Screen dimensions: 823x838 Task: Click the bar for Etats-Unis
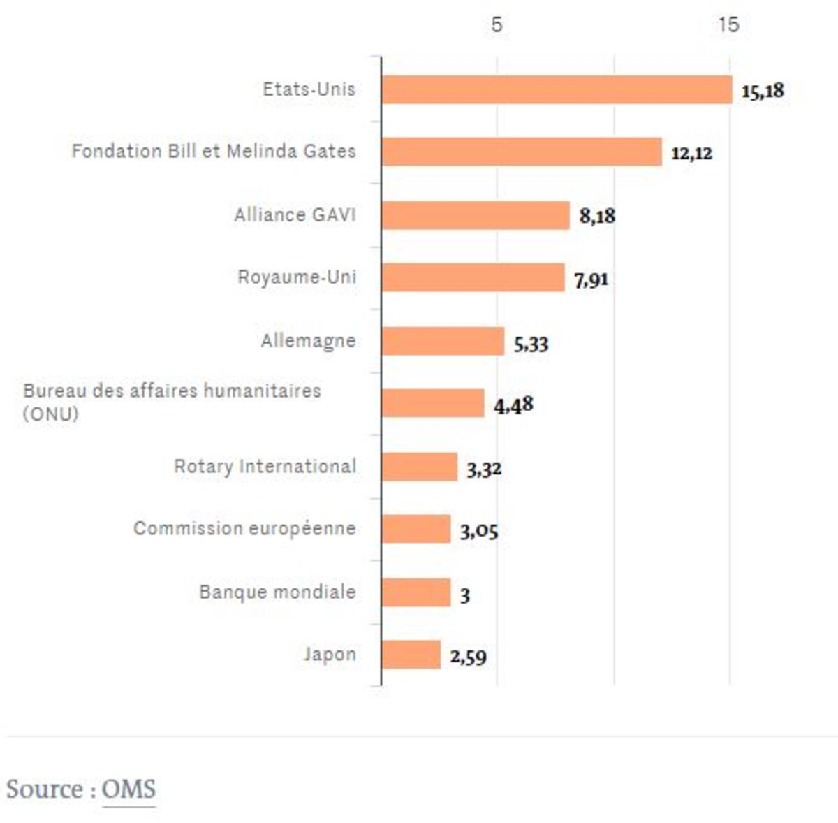click(x=557, y=90)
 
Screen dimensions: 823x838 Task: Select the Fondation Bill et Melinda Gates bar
click(x=522, y=152)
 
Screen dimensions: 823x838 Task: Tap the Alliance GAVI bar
click(x=476, y=215)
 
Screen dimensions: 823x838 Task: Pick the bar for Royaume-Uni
click(x=473, y=278)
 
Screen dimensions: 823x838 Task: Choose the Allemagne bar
click(x=443, y=341)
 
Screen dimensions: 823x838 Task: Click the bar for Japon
click(x=411, y=655)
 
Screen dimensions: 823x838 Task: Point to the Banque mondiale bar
click(x=416, y=592)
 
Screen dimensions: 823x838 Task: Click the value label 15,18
click(x=763, y=91)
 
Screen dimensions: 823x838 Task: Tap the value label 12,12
click(x=691, y=154)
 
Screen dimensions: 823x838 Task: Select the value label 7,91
click(x=591, y=280)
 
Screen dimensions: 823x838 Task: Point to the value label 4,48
click(x=513, y=405)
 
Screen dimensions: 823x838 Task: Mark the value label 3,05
click(x=479, y=532)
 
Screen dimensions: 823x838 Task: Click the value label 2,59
click(x=468, y=657)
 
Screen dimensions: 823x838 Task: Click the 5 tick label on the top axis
click(x=497, y=25)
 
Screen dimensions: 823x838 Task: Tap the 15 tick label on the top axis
click(x=728, y=25)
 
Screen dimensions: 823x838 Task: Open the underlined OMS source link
click(x=128, y=789)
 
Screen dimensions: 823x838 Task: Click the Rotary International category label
click(x=265, y=467)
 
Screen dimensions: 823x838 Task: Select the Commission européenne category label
click(x=244, y=529)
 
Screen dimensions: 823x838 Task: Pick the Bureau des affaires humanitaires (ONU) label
click(x=172, y=402)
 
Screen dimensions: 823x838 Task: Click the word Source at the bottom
click(x=45, y=789)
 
